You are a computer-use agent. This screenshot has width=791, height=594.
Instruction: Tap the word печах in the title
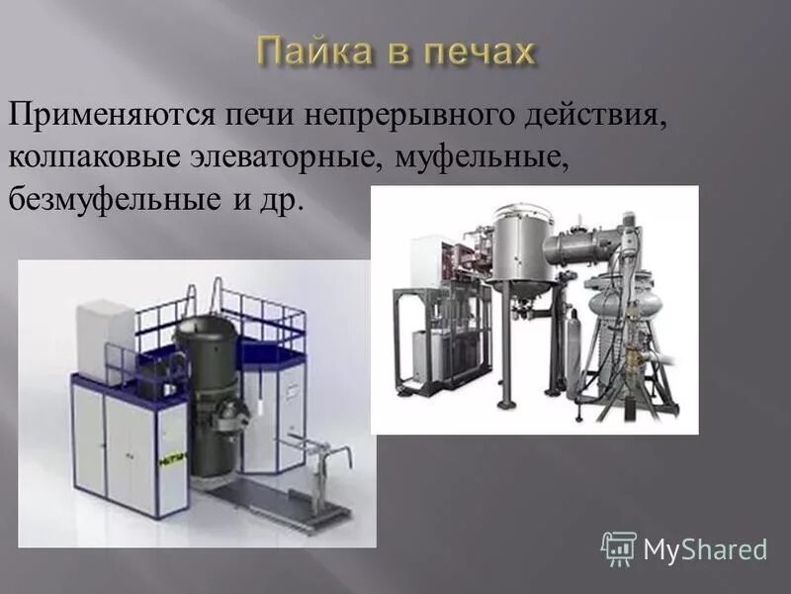click(x=483, y=51)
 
